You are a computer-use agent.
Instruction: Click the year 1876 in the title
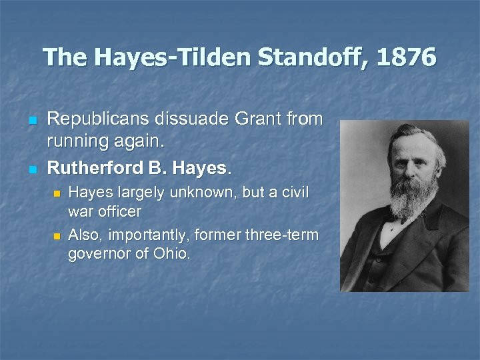click(x=406, y=58)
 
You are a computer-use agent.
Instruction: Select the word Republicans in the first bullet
click(x=99, y=119)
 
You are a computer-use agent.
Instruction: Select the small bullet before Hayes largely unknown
click(x=57, y=193)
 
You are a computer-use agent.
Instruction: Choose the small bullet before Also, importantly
click(x=57, y=236)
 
